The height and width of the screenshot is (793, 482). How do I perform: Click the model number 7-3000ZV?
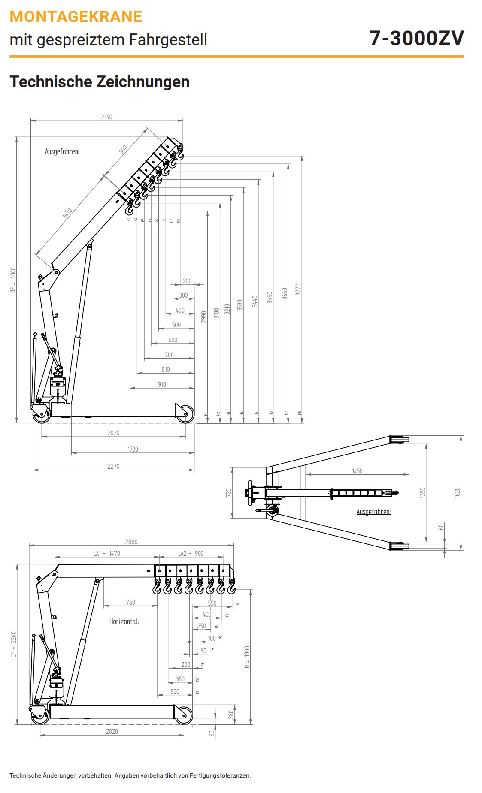(x=416, y=38)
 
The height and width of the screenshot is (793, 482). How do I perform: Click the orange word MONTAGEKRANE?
(x=76, y=17)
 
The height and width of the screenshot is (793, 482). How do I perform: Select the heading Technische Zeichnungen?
(x=100, y=81)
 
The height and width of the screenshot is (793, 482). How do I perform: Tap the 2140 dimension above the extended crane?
(x=106, y=117)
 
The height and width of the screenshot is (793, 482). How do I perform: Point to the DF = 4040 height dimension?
(x=13, y=280)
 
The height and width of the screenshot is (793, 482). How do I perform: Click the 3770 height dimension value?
(x=298, y=289)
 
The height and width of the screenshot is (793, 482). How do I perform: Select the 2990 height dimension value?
(x=204, y=317)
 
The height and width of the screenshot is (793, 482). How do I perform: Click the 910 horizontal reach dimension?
(x=162, y=384)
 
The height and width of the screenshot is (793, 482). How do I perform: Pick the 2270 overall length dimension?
(x=113, y=466)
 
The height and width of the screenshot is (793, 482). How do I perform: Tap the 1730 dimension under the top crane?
(x=133, y=449)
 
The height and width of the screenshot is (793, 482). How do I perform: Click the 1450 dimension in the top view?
(x=357, y=471)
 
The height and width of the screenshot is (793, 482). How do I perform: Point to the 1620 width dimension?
(x=457, y=492)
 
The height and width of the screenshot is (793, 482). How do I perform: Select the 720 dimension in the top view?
(x=229, y=493)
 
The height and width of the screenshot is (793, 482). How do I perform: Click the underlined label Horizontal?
(x=124, y=621)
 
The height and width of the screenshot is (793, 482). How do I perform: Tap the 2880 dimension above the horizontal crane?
(x=131, y=542)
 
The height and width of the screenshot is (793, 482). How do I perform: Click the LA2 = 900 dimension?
(x=191, y=553)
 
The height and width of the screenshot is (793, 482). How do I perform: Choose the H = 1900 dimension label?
(x=247, y=657)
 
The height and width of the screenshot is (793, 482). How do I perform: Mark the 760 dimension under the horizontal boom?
(x=130, y=602)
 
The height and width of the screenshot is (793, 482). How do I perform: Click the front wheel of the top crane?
(x=185, y=414)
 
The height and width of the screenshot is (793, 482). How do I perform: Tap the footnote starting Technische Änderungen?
(x=130, y=775)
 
